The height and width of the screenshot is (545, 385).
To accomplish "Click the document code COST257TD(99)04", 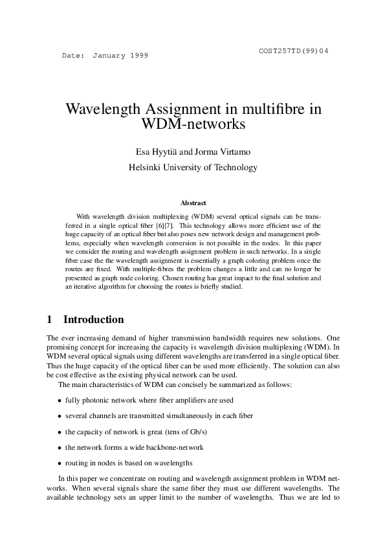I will [x=293, y=50].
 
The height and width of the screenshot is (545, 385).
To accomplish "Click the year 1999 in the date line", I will [x=138, y=56].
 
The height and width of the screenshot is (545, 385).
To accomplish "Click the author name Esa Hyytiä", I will [x=155, y=153].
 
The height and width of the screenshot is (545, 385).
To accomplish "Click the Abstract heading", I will [x=193, y=203].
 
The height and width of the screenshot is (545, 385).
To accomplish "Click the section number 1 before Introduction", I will [x=50, y=319].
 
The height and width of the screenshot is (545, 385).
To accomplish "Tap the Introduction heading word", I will [x=93, y=319].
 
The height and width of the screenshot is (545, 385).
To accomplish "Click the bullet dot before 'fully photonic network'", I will [x=60, y=402].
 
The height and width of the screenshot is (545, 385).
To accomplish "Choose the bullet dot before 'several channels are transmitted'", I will [x=60, y=416].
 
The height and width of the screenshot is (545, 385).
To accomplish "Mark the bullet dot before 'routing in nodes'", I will [x=60, y=463].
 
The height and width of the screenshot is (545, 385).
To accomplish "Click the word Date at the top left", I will [x=72, y=56].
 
